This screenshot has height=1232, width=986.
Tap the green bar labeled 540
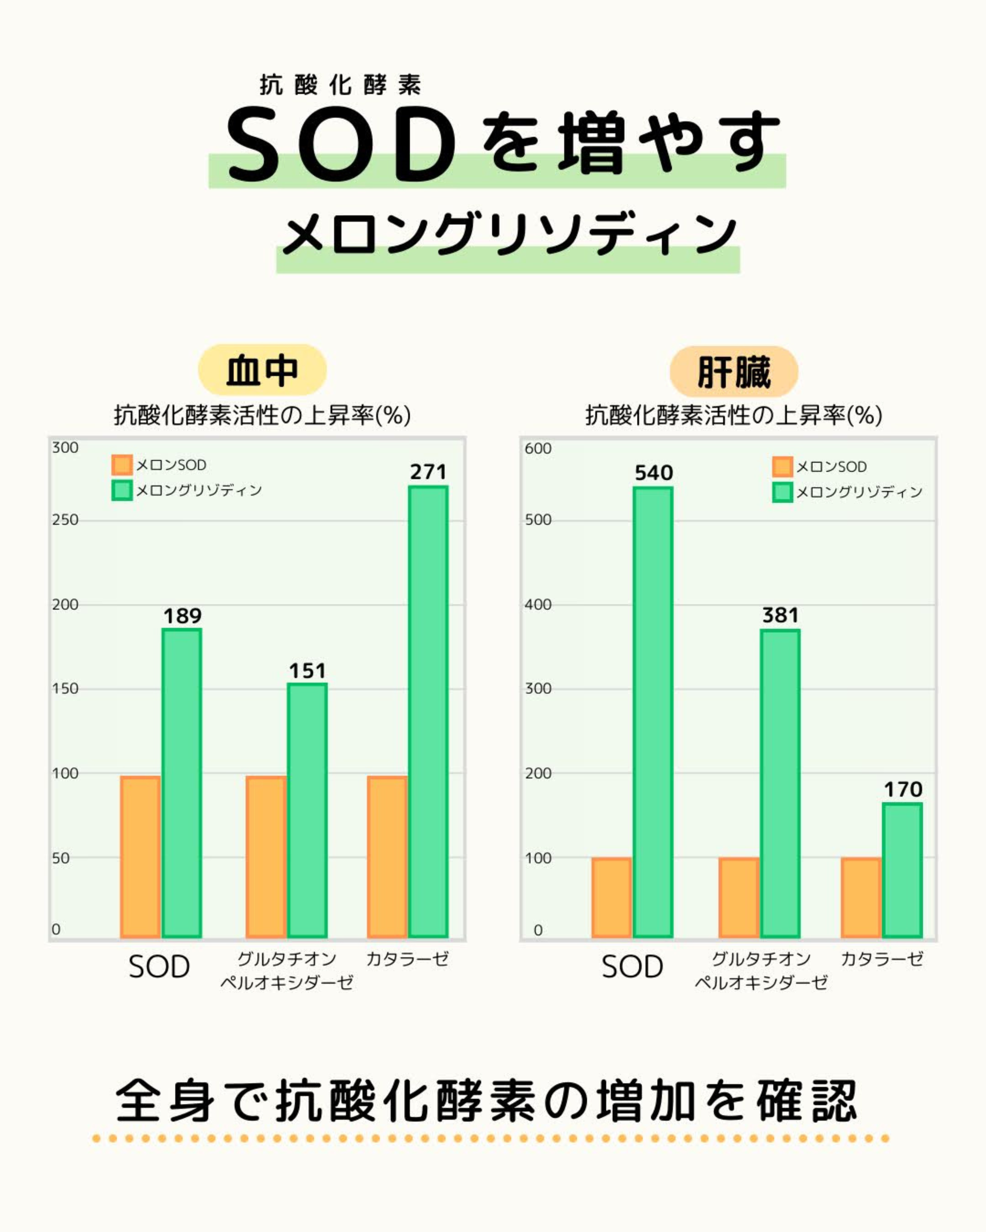[x=653, y=712]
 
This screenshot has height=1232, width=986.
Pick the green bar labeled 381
[x=780, y=783]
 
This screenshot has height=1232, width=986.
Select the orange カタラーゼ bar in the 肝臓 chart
[x=861, y=897]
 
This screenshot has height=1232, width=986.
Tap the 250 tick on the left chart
[x=65, y=520]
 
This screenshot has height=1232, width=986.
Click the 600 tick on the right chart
[x=538, y=449]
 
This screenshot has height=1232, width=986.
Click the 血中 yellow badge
[x=262, y=370]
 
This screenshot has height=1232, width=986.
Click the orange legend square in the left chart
[x=122, y=464]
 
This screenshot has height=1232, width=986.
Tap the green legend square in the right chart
[x=782, y=492]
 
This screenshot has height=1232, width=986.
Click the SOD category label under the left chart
[x=159, y=967]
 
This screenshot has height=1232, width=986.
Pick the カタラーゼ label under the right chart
[x=882, y=959]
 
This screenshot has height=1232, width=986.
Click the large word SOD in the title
[x=342, y=146]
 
